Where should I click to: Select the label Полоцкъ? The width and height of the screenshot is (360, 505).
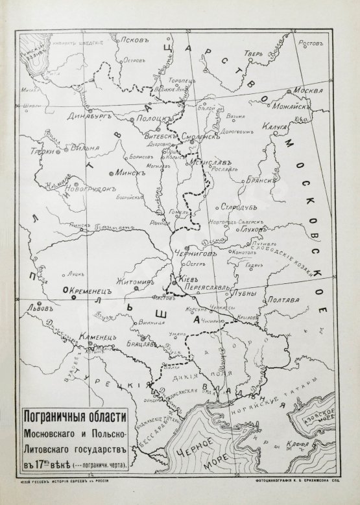pos(156,119)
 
